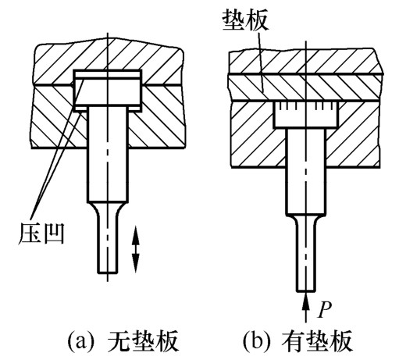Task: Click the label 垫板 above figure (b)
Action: (245, 21)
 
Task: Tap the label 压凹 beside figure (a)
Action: (41, 233)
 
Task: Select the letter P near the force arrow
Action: (325, 310)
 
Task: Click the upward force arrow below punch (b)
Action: (306, 307)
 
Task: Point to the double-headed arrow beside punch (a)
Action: (135, 249)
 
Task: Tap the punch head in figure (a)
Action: (108, 91)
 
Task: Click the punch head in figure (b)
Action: (306, 115)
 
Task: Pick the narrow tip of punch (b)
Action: (306, 259)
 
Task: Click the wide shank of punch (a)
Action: (108, 155)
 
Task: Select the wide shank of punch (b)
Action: (306, 172)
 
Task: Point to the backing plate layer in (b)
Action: (306, 87)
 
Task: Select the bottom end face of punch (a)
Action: (108, 273)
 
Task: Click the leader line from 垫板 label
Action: (261, 61)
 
